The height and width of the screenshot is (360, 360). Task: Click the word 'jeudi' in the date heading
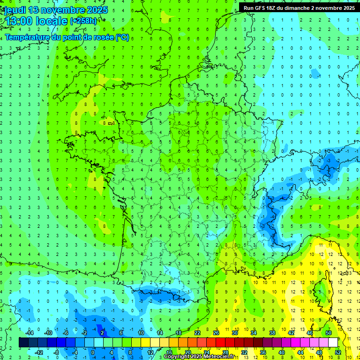click(x=15, y=10)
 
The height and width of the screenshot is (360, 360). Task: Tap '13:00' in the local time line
click(x=19, y=21)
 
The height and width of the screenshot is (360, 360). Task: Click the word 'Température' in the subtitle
click(x=26, y=37)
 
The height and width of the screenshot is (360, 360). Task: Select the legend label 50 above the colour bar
click(x=329, y=333)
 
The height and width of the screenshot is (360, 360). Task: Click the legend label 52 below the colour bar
click(x=338, y=352)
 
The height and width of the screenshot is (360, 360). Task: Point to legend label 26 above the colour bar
click(x=216, y=333)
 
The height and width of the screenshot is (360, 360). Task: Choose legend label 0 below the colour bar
click(x=93, y=352)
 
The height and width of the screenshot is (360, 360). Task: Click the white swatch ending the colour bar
click(x=333, y=343)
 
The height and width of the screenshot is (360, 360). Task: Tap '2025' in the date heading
click(x=97, y=10)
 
